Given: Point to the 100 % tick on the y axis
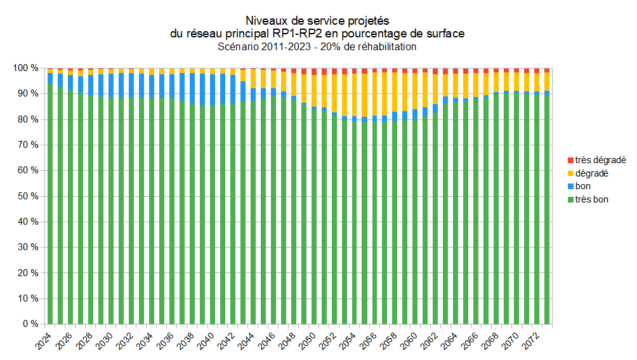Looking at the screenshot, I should [x=26, y=68].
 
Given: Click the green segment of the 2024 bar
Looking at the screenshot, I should [x=50, y=203].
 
